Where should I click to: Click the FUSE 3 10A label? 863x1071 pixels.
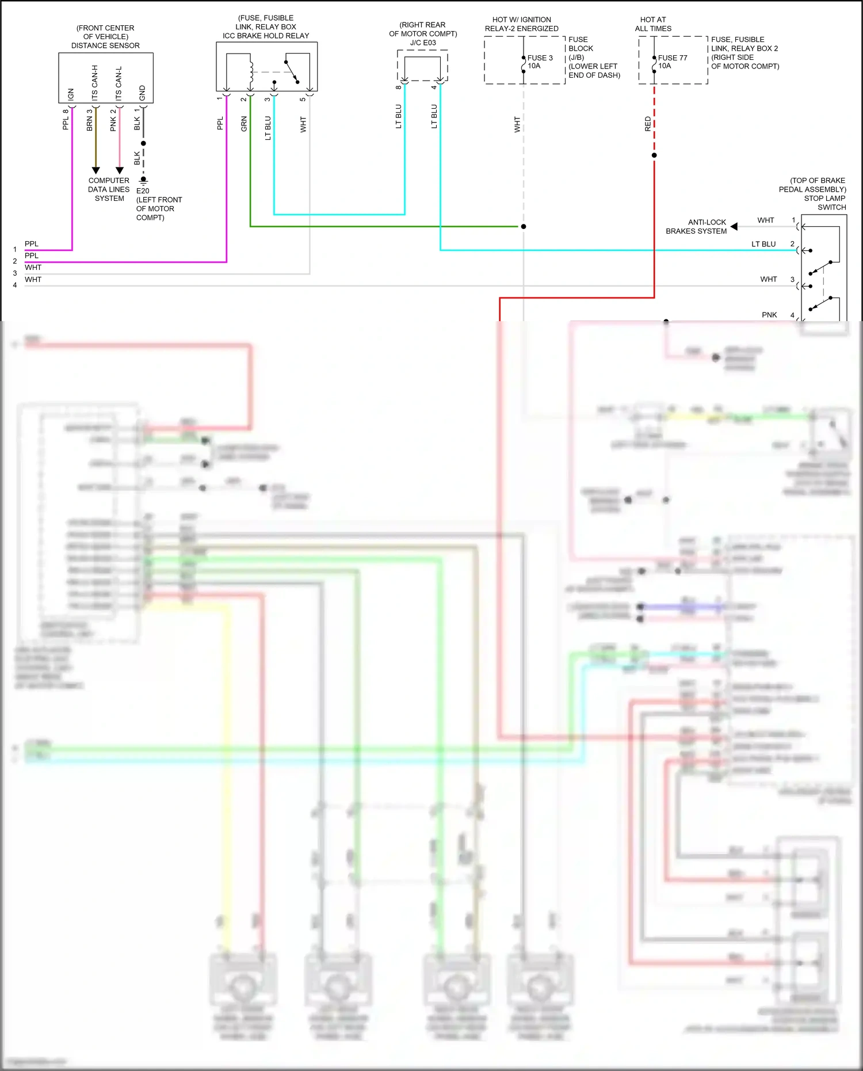click(540, 62)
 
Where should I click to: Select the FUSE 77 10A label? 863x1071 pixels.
click(672, 62)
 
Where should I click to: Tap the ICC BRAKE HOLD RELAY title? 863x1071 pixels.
click(266, 36)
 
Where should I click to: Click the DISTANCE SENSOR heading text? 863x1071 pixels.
click(105, 45)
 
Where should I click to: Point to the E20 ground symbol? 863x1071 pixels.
click(143, 180)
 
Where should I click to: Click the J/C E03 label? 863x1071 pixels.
click(423, 43)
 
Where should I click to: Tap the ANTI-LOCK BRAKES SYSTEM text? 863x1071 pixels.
click(696, 226)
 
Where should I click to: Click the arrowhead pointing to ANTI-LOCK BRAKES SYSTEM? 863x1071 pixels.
click(734, 226)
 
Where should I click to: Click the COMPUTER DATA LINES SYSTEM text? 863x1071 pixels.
click(109, 189)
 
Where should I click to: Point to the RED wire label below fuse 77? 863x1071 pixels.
click(648, 124)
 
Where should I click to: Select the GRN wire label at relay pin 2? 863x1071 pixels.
click(244, 124)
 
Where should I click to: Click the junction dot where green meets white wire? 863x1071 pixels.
click(524, 226)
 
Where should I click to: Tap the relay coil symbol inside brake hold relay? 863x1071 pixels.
click(251, 69)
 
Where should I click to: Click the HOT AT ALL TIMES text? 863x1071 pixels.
click(653, 24)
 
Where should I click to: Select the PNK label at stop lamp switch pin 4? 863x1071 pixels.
click(769, 315)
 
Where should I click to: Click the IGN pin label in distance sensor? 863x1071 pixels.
click(71, 94)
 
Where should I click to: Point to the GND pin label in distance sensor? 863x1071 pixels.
click(142, 92)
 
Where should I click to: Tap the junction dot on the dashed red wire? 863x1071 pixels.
click(654, 155)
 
